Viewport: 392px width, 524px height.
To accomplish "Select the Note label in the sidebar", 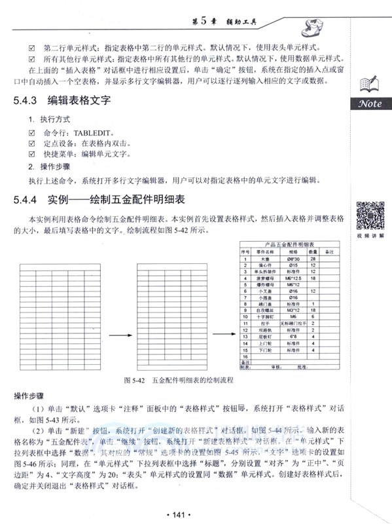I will [x=370, y=104].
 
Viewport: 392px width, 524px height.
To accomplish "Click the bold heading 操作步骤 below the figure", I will [x=29, y=396].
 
